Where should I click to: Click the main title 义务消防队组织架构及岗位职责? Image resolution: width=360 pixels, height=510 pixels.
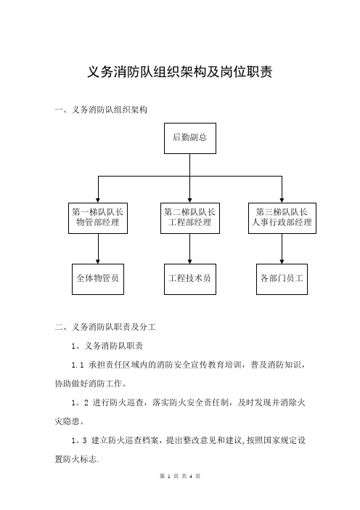click(180, 72)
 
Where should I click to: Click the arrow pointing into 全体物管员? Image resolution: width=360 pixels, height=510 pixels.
click(98, 248)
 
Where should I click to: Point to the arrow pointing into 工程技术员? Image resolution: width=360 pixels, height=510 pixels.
click(190, 248)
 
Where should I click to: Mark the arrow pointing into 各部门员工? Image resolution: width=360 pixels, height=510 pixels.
click(282, 248)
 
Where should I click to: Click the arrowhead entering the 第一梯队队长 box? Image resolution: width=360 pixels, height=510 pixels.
click(98, 201)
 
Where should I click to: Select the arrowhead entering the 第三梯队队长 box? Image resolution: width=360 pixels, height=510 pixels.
click(282, 201)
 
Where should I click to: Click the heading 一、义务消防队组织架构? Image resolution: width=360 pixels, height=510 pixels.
click(101, 110)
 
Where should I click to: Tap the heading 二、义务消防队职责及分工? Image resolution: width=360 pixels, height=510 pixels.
click(105, 326)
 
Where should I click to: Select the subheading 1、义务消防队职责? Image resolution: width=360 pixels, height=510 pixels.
click(107, 345)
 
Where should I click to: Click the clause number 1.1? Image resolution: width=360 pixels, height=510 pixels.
click(78, 365)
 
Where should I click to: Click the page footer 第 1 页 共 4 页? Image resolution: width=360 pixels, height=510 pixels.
click(180, 476)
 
